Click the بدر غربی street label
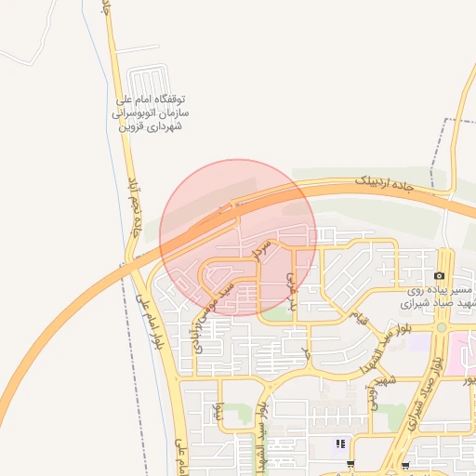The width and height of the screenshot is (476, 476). point(292,290)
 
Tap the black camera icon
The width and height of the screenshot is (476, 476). point(439,276)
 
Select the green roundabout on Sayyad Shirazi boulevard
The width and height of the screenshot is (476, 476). point(442,327)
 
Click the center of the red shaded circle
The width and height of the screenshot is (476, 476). point(238,238)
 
